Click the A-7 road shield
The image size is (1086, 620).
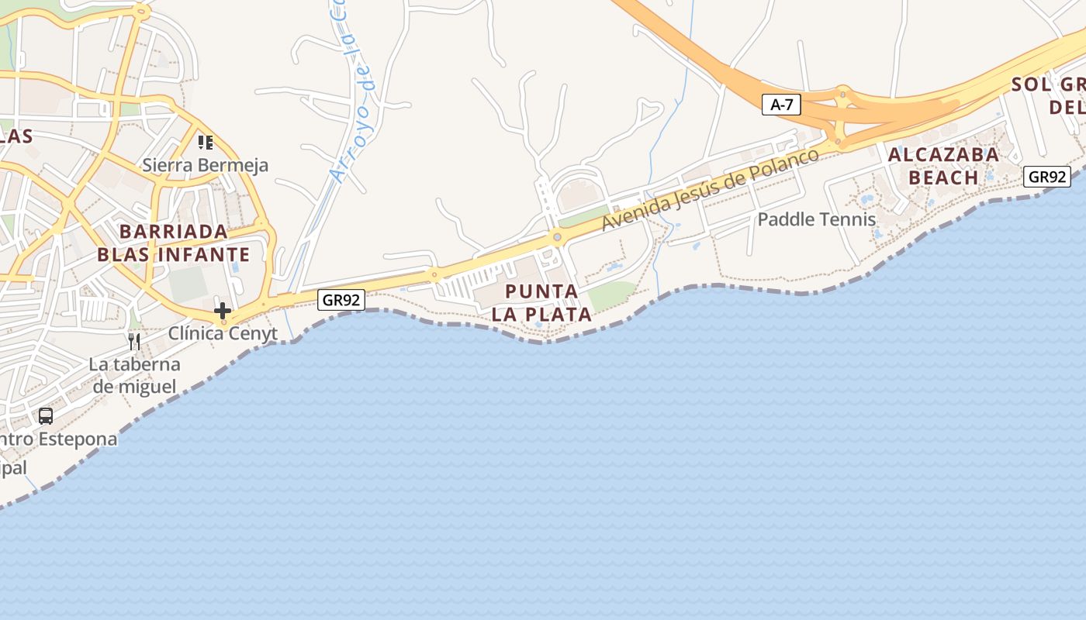780,105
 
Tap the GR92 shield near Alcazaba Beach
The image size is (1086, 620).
1047,177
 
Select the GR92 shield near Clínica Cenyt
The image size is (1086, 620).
341,300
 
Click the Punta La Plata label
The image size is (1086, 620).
541,303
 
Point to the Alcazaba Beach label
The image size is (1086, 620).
943,166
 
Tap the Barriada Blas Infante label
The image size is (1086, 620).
173,243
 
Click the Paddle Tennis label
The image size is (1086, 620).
816,219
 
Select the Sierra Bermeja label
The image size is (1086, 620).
205,165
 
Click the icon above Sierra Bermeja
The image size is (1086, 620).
205,142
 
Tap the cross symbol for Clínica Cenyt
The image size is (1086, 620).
223,312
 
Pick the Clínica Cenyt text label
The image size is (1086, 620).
223,333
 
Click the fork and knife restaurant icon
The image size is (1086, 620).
134,341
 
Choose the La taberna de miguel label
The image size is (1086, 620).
134,375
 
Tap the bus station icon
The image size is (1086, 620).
46,415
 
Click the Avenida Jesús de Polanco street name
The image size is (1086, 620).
710,189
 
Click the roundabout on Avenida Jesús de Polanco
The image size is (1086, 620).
556,236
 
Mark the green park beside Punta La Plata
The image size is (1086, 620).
611,295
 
